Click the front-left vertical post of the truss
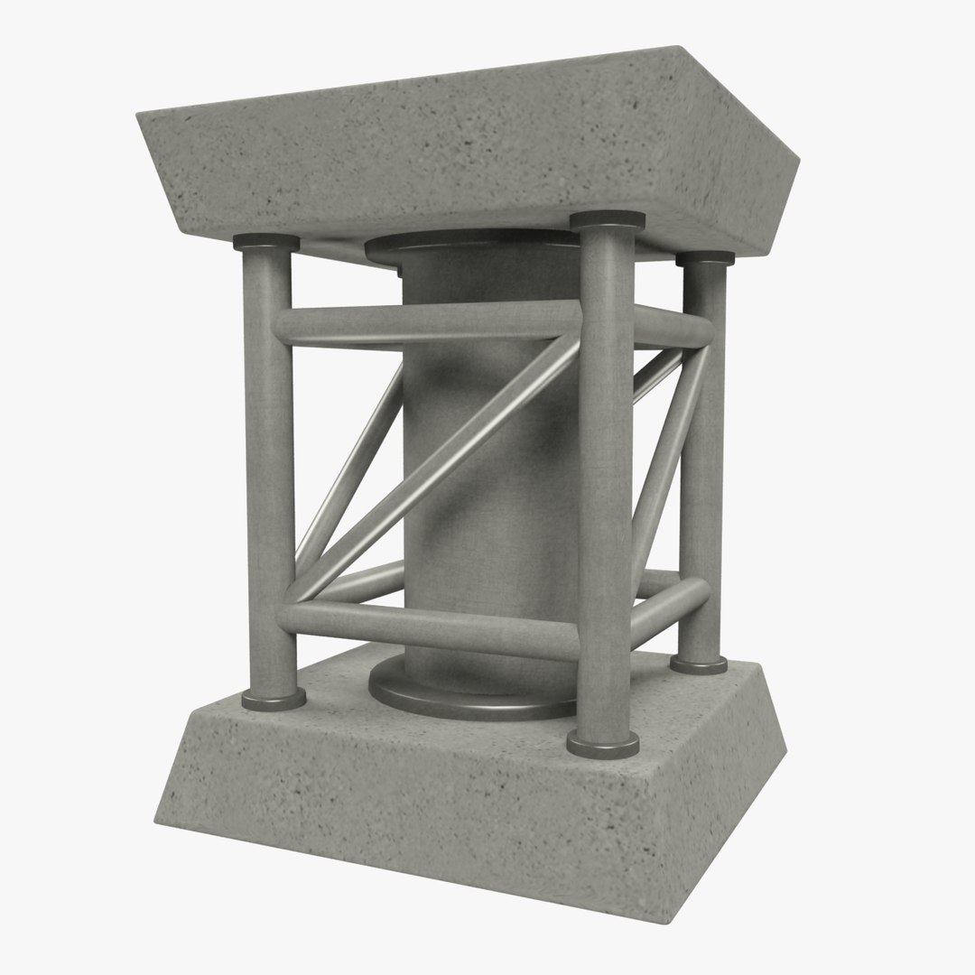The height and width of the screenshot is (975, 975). (267, 469)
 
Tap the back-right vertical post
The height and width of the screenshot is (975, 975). (702, 469)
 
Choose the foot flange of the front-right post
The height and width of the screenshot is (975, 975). (603, 743)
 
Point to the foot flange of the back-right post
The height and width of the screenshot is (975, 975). (699, 664)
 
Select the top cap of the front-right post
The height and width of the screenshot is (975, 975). (608, 219)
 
